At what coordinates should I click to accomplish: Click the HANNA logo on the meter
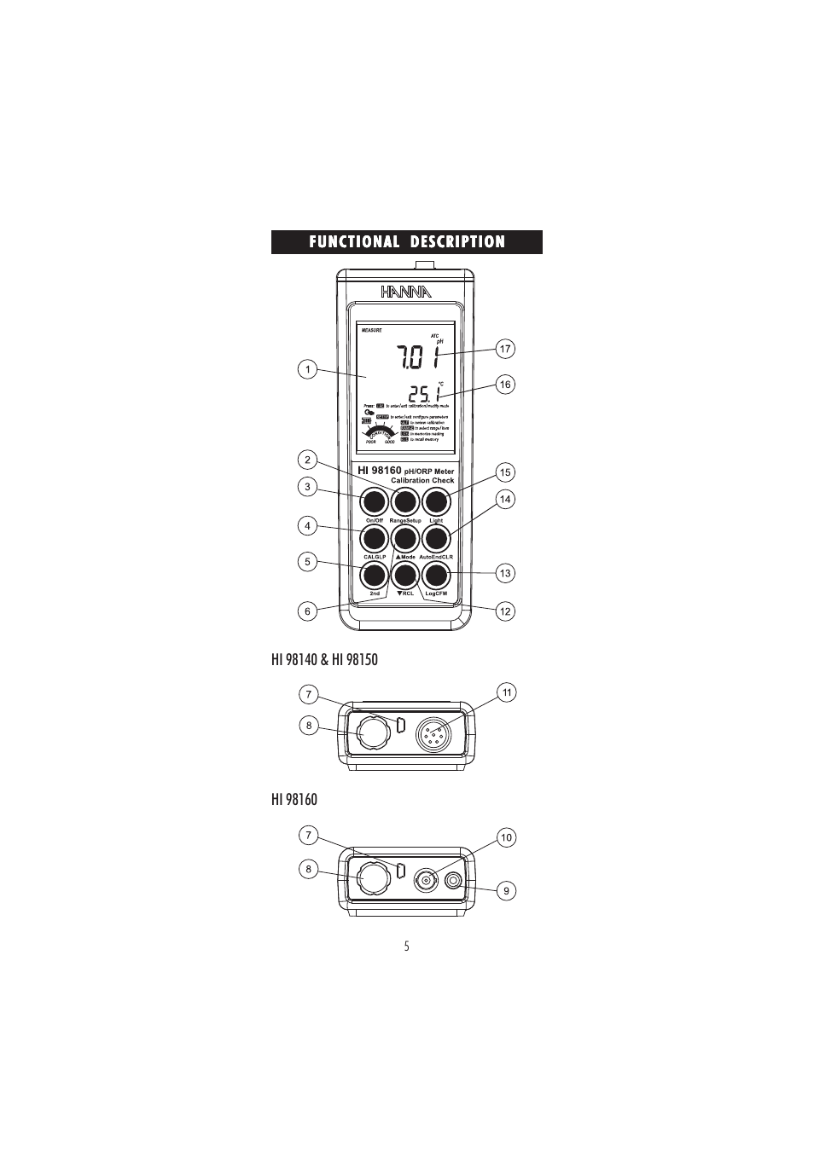[406, 292]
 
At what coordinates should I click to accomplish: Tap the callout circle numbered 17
[505, 349]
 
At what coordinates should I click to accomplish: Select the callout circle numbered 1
[307, 369]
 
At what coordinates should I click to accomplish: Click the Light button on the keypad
[436, 501]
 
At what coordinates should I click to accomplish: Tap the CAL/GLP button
[374, 538]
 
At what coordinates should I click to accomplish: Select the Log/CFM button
[436, 576]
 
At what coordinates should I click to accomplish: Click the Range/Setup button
[405, 501]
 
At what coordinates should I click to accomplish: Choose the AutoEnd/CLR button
[436, 538]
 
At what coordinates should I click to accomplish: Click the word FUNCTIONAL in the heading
[354, 242]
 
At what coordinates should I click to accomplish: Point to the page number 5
[407, 946]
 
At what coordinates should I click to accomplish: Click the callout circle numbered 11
[507, 692]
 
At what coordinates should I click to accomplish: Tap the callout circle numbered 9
[506, 891]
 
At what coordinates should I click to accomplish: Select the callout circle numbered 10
[506, 838]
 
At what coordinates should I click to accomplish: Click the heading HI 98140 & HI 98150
[324, 659]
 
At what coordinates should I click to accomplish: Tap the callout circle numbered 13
[505, 573]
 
